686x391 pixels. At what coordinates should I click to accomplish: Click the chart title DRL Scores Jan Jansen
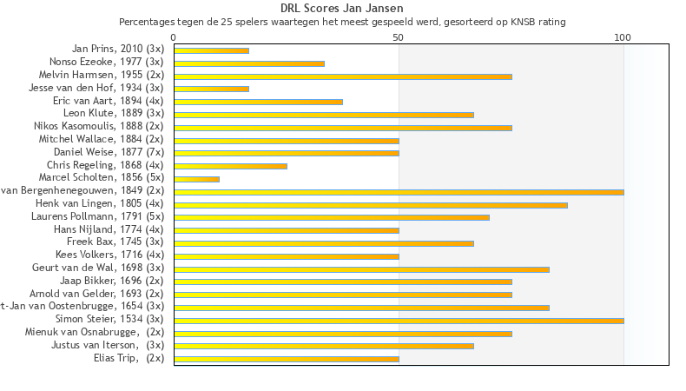coord(342,9)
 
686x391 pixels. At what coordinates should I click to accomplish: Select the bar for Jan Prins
coord(211,50)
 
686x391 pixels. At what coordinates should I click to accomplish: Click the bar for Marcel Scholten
coord(196,179)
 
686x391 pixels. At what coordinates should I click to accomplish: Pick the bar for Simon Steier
coord(399,321)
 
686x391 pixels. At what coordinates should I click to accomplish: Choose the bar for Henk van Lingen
coord(371,205)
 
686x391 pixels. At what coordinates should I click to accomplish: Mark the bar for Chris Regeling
coord(230,166)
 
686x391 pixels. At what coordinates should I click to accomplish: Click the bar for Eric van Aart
coord(258,102)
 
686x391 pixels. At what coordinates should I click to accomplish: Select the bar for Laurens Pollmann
coord(332,217)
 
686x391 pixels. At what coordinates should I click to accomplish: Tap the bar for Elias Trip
coord(287,359)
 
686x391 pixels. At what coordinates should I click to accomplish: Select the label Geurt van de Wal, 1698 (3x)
coord(97,268)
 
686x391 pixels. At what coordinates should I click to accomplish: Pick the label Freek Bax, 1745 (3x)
coord(115,242)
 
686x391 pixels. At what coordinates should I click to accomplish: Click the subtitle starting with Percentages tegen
coord(342,22)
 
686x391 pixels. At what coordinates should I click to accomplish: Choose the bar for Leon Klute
coord(324,115)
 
